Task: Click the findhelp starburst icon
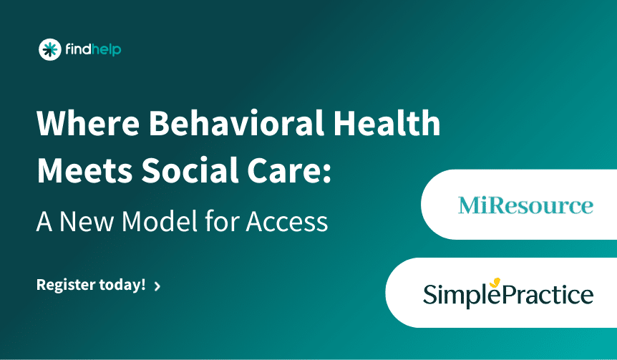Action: [49, 49]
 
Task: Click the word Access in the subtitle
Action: [286, 221]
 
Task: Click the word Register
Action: [64, 285]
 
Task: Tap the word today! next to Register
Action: [122, 285]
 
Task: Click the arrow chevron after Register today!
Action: [157, 286]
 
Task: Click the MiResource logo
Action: [525, 206]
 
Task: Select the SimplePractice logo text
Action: [508, 294]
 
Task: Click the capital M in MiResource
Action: [469, 206]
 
